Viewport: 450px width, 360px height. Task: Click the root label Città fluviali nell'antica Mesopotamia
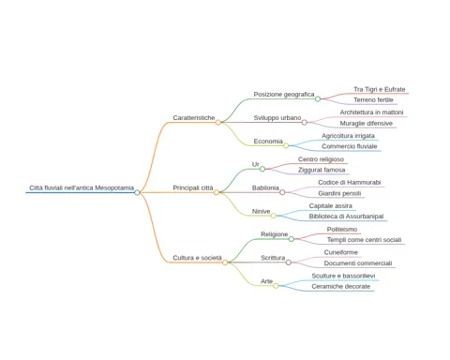click(x=82, y=187)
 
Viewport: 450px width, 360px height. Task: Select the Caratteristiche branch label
click(x=194, y=118)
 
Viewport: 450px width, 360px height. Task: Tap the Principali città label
click(x=193, y=187)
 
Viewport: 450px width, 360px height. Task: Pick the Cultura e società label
click(x=197, y=258)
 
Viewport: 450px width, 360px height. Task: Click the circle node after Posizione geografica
click(x=318, y=99)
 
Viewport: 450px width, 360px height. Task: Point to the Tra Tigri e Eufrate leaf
click(x=380, y=89)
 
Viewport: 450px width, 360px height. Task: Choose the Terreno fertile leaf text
click(x=373, y=100)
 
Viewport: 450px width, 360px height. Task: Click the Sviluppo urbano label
click(x=277, y=118)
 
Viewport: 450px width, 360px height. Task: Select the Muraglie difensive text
click(x=367, y=124)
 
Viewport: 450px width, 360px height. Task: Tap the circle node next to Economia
click(x=286, y=145)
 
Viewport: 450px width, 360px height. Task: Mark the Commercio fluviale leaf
click(x=350, y=146)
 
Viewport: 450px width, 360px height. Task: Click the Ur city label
click(x=255, y=164)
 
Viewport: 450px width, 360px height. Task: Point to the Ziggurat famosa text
click(x=322, y=170)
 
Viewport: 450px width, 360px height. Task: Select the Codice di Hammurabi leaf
click(x=350, y=183)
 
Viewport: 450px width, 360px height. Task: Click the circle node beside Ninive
click(x=274, y=216)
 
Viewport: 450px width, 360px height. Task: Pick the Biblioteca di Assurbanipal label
click(x=346, y=217)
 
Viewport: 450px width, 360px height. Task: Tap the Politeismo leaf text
click(x=342, y=230)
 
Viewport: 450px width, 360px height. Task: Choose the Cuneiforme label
click(x=341, y=252)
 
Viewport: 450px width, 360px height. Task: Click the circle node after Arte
click(x=276, y=286)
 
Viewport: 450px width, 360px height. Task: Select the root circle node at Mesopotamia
click(x=137, y=192)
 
